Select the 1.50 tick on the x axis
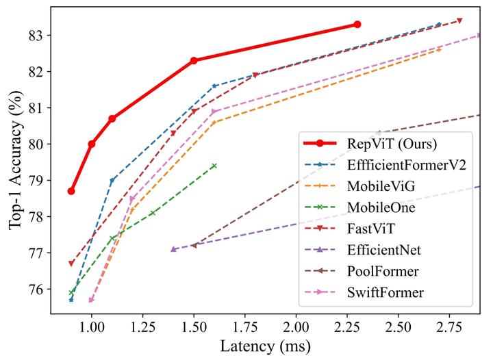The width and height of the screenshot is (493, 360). click(194, 327)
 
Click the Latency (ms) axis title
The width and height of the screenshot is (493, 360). click(266, 346)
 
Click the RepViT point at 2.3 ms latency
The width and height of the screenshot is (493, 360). click(357, 24)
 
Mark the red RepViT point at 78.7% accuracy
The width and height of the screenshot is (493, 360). click(71, 191)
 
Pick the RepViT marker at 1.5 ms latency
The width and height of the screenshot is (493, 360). click(194, 60)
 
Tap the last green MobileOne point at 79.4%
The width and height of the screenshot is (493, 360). click(214, 166)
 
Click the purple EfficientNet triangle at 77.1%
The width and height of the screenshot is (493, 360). click(173, 249)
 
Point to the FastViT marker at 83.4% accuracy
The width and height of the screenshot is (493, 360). click(459, 21)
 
